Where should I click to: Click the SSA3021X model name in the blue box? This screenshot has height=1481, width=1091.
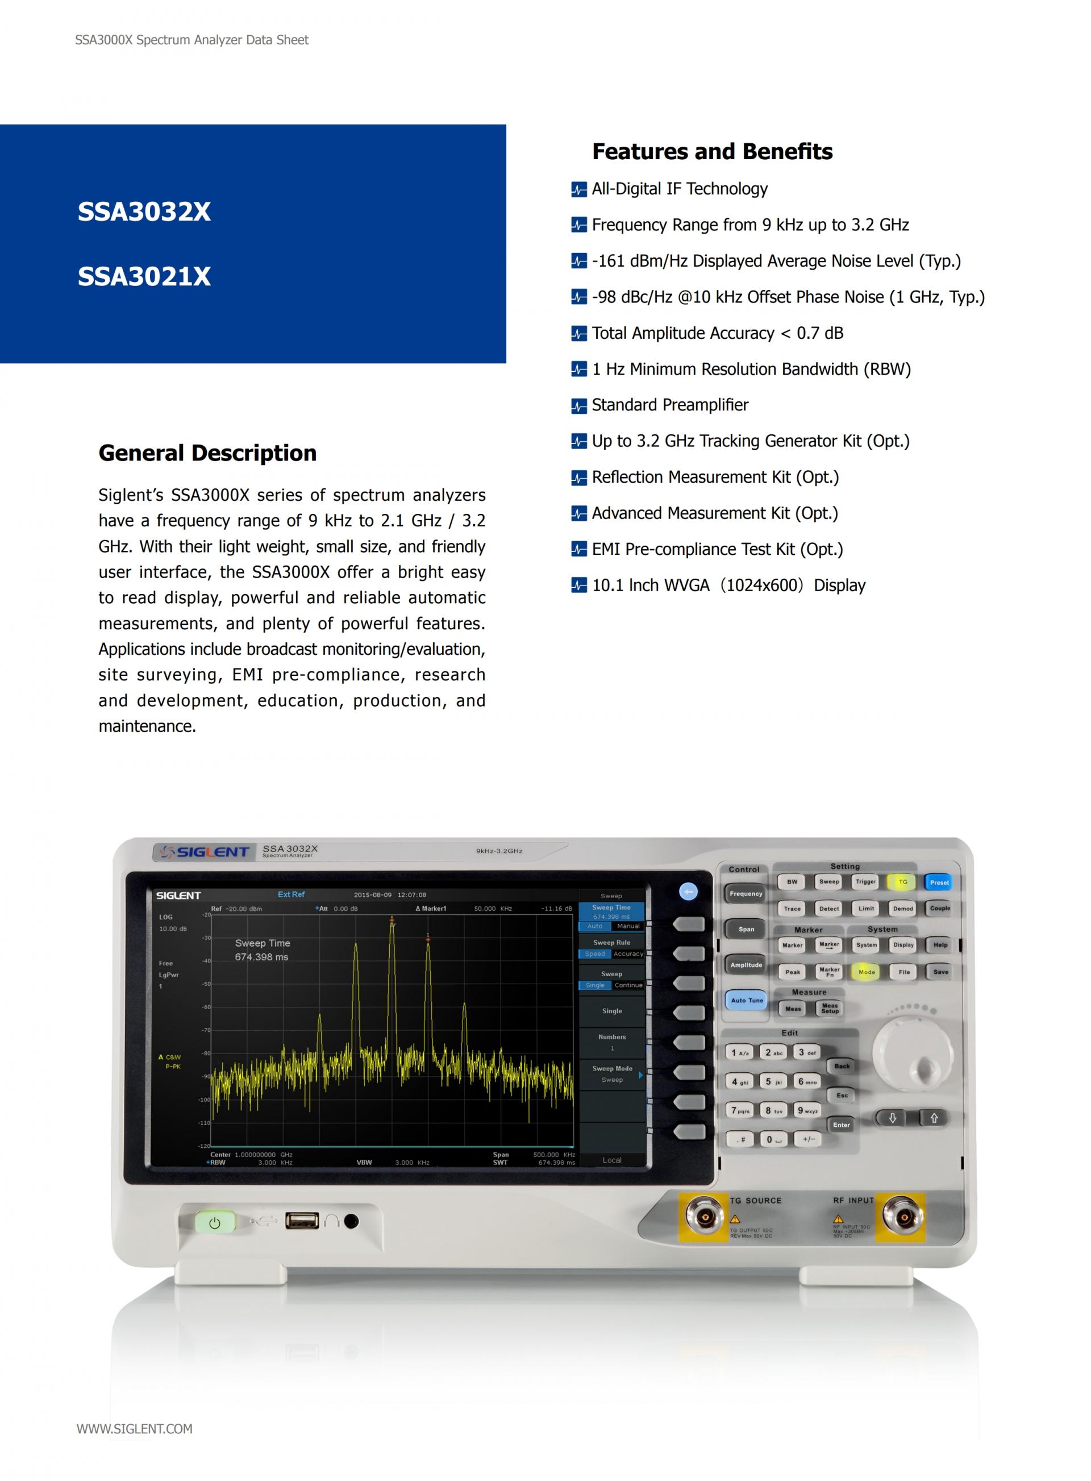(144, 276)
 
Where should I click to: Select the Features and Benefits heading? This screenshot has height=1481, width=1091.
(712, 151)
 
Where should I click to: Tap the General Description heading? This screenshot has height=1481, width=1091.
(207, 453)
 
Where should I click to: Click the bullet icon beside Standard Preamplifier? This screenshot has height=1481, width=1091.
(578, 405)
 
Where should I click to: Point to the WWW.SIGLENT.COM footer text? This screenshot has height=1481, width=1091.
(135, 1429)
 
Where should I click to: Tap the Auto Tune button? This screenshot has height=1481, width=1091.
(746, 1000)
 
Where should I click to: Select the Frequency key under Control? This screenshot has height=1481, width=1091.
(746, 894)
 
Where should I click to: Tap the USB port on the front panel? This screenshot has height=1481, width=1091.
(302, 1221)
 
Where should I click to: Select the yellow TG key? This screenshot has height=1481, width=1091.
(902, 882)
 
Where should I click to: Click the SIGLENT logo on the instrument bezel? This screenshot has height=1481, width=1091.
(205, 852)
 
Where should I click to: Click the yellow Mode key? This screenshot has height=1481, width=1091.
(867, 972)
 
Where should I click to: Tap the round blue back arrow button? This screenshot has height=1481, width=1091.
(688, 893)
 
